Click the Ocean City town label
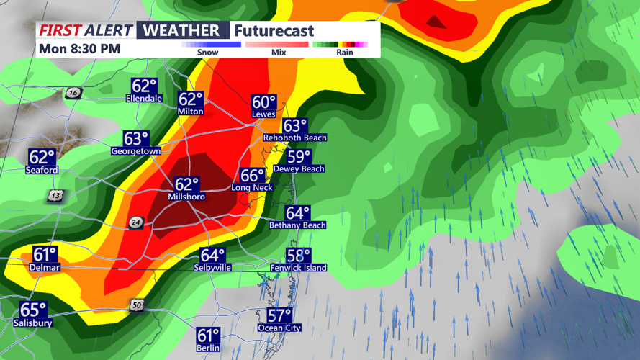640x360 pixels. [x=279, y=328]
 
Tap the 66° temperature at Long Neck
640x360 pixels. [x=253, y=176]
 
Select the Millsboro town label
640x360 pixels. [x=186, y=197]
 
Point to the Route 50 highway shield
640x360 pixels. [x=138, y=305]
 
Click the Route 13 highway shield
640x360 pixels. [x=55, y=196]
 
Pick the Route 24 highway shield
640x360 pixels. [x=136, y=222]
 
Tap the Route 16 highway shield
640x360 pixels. [x=72, y=94]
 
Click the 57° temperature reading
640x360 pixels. [x=279, y=316]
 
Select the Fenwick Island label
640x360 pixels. [x=299, y=268]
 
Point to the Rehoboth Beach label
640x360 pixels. [x=294, y=138]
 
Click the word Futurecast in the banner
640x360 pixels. [x=274, y=31]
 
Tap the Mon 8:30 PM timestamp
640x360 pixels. [x=80, y=49]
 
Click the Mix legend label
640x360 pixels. [x=278, y=52]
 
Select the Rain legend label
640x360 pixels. [x=345, y=52]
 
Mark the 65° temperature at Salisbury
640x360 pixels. [x=33, y=310]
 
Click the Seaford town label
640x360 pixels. [x=42, y=170]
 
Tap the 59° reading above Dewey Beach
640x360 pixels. [x=299, y=157]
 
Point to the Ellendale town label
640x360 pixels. [x=144, y=98]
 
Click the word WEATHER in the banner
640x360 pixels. [x=180, y=30]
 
